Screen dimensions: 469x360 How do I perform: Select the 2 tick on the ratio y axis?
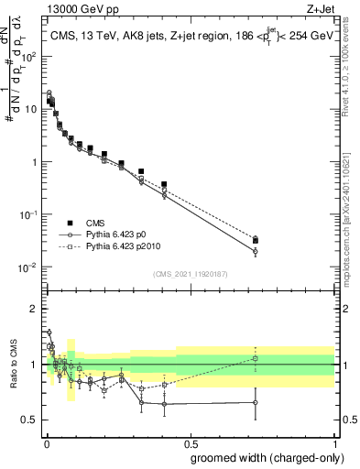pyautogui.click(x=37, y=309)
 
